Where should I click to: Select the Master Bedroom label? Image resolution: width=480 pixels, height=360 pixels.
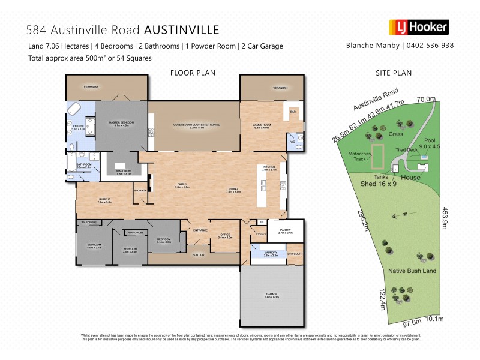(x=121, y=123)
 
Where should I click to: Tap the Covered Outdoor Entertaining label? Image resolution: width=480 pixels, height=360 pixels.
(x=197, y=125)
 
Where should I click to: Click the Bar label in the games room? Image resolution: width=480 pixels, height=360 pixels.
(x=293, y=112)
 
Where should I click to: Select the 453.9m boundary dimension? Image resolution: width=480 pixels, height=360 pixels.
(x=445, y=216)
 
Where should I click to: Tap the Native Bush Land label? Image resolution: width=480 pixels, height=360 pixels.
(x=412, y=271)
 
